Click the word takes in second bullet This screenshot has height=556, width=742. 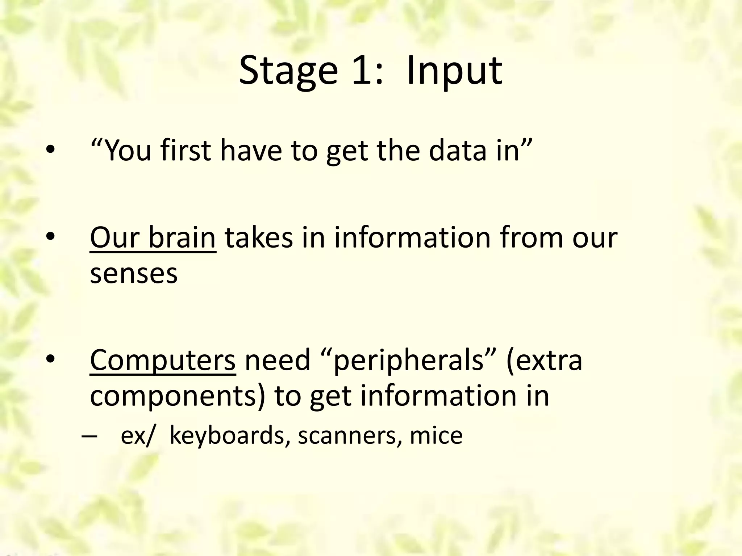(258, 238)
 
